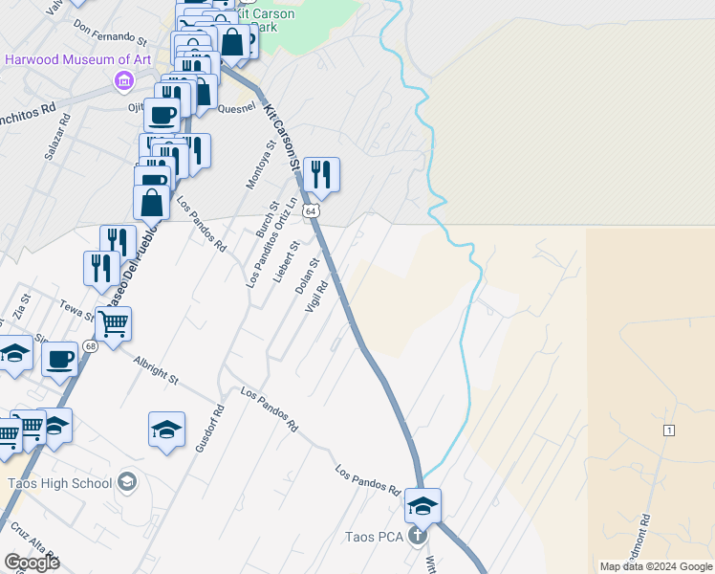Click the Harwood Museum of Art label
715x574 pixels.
(77, 59)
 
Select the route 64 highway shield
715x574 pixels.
(312, 210)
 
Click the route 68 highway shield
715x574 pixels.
(90, 346)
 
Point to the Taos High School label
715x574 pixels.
(59, 482)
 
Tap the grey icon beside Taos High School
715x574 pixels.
(127, 482)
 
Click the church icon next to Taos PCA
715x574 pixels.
(417, 536)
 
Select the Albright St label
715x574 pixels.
(156, 371)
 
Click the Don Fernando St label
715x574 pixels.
(110, 34)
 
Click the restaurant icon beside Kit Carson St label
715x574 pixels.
(321, 174)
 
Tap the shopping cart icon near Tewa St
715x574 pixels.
(113, 324)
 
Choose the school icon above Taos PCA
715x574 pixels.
(422, 505)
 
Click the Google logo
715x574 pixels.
(32, 563)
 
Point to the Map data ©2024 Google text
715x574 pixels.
(655, 566)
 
